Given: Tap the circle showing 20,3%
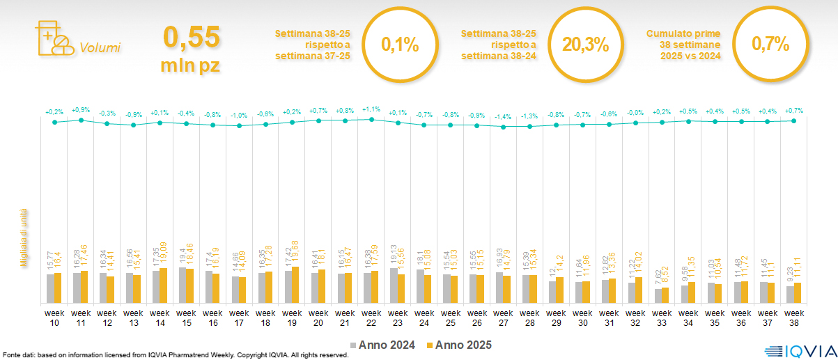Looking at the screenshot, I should [585, 45].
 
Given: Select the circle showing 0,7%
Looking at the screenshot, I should [770, 45].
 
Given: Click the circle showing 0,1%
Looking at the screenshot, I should [400, 45].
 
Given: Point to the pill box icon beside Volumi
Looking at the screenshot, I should [52, 39].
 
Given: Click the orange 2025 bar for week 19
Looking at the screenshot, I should [295, 285].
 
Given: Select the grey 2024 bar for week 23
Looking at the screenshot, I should [394, 285].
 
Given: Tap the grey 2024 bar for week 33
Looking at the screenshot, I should [658, 296].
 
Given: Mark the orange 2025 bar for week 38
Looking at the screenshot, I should [798, 292].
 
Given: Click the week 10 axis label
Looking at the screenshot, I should [54, 317].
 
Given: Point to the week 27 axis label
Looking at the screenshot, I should [504, 317].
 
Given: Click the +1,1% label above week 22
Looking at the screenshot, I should [371, 109].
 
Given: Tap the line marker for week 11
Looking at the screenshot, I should [81, 120].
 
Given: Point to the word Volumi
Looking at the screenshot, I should [100, 48].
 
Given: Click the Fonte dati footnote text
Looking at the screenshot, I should [174, 355].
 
